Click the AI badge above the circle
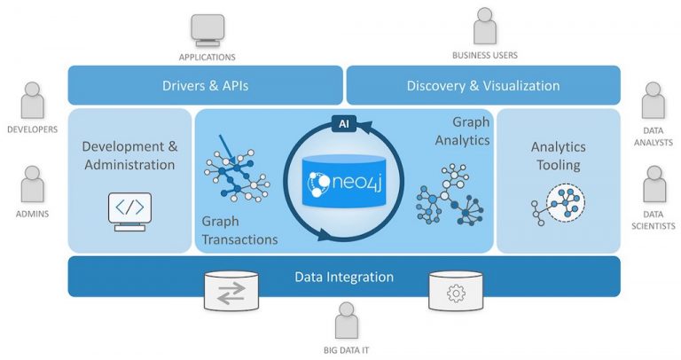(341, 124)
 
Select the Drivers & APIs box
(205, 86)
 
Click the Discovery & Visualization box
(482, 86)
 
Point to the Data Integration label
(343, 278)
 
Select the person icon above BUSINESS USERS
(484, 27)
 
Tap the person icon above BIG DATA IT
(346, 321)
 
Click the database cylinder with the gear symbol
(456, 291)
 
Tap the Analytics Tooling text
(556, 155)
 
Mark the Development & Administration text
(129, 154)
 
